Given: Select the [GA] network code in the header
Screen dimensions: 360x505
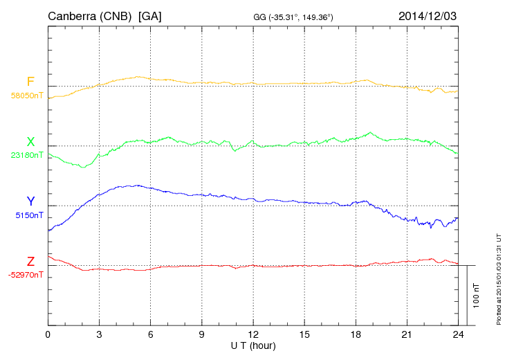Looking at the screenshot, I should tap(150, 16).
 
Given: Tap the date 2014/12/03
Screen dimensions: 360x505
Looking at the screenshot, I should tap(428, 15).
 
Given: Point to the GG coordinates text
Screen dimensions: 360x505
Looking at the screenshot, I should tap(294, 17).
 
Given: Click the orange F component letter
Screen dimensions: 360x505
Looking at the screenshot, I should tap(30, 82).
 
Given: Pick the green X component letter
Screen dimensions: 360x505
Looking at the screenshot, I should tap(30, 142).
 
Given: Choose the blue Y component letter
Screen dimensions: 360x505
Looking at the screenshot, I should tap(30, 201).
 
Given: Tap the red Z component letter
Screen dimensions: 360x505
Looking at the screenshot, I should tap(30, 262).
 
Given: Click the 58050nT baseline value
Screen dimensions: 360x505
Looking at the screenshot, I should tap(26, 96).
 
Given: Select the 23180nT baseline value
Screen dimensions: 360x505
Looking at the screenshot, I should tap(26, 155).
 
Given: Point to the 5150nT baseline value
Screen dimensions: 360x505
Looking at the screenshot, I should tap(28, 215).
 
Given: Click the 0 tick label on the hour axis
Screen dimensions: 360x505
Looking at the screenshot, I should tap(48, 335).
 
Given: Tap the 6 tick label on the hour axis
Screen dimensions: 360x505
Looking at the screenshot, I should tap(150, 335).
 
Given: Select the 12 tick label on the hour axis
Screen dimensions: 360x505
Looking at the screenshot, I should tap(252, 335).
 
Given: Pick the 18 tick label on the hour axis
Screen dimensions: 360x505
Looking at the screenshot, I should tap(355, 335).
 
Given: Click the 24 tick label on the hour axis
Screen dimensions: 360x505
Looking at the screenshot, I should tap(457, 335).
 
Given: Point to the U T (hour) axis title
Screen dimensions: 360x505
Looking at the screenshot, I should tap(252, 345).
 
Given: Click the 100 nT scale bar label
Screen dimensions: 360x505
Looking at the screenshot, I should tap(477, 295).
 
